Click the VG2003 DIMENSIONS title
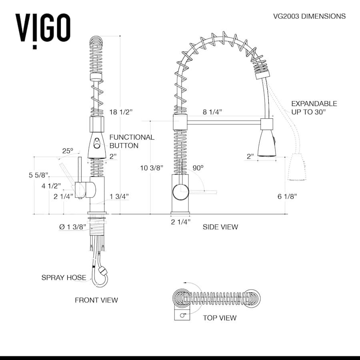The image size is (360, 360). (x=309, y=16)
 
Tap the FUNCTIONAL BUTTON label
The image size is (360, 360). (x=132, y=141)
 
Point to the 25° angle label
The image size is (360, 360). (x=68, y=151)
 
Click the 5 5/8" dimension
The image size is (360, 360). (x=38, y=175)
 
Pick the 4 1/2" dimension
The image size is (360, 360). (x=51, y=186)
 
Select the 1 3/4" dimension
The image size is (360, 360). (x=119, y=196)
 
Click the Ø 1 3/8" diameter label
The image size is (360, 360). (x=72, y=227)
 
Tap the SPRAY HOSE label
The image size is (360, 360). (x=64, y=277)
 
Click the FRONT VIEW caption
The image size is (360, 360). (x=96, y=300)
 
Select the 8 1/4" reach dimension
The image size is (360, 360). (x=212, y=112)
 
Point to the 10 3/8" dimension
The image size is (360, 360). (x=152, y=168)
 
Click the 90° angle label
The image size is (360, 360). (x=198, y=168)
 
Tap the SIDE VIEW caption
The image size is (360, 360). (x=220, y=227)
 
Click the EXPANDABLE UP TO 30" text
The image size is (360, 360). (x=314, y=108)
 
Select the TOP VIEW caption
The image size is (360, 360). (x=219, y=318)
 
